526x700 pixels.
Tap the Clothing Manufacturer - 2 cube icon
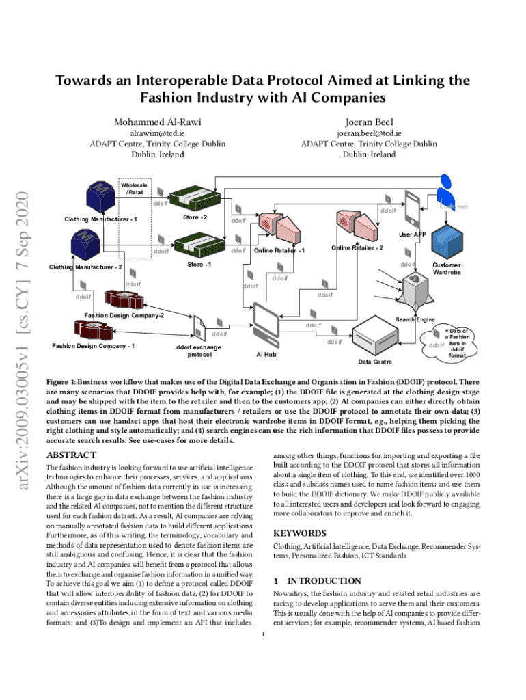(x=87, y=242)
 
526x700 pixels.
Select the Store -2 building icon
(x=195, y=198)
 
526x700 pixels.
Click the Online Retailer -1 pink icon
(x=275, y=228)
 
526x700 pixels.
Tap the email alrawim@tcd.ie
(x=158, y=133)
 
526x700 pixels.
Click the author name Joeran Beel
(x=369, y=121)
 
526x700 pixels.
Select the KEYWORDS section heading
(x=299, y=533)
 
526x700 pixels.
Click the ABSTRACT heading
(x=70, y=455)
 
